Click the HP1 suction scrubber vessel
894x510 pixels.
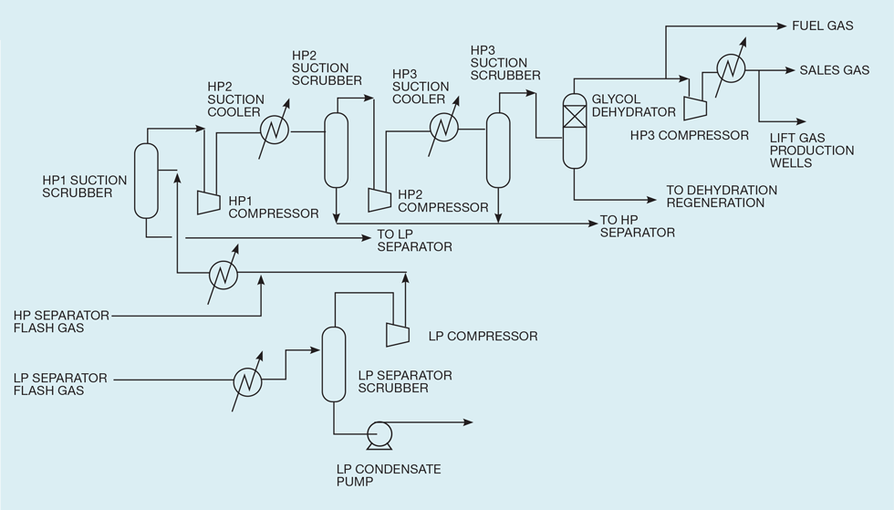coord(146,181)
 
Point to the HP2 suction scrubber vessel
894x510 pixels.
coord(337,146)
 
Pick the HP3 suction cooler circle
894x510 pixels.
coord(442,128)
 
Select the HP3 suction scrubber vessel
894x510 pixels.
coord(497,149)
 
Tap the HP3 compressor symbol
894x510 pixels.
coord(695,107)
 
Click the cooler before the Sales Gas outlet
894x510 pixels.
coord(731,68)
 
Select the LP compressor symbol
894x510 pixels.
coord(397,335)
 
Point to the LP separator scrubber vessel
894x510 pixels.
coord(334,364)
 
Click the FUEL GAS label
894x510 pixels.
coord(823,26)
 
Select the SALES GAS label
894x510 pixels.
coord(834,70)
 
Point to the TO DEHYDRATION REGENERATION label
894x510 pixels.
coord(722,196)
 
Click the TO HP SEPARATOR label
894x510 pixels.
coord(637,226)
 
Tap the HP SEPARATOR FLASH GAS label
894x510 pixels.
coord(61,321)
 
